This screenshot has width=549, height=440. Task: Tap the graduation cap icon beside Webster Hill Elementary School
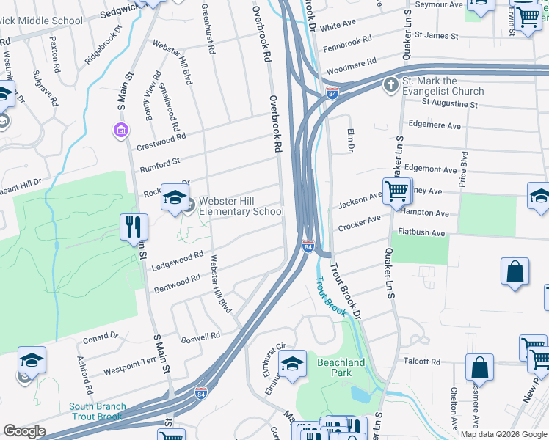pyautogui.click(x=175, y=197)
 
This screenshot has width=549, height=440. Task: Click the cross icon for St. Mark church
pyautogui.click(x=390, y=85)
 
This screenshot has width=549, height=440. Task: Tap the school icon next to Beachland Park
pyautogui.click(x=292, y=364)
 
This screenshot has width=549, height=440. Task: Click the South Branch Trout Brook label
pyautogui.click(x=98, y=411)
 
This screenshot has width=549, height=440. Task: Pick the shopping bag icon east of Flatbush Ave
pyautogui.click(x=515, y=271)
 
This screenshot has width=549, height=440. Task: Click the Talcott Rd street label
pyautogui.click(x=421, y=362)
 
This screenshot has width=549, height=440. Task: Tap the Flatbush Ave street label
pyautogui.click(x=422, y=233)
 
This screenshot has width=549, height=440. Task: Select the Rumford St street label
pyautogui.click(x=159, y=162)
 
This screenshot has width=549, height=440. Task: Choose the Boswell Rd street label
pyautogui.click(x=200, y=336)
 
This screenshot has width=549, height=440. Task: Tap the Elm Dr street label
pyautogui.click(x=350, y=139)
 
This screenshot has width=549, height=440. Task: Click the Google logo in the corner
pyautogui.click(x=25, y=431)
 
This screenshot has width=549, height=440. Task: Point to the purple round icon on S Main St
pyautogui.click(x=120, y=131)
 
